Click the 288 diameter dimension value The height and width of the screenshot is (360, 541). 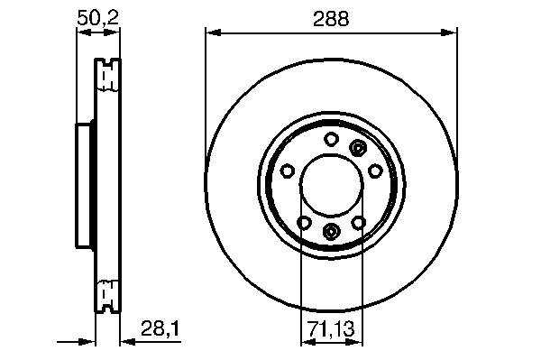(331, 19)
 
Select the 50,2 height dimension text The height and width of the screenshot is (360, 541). (97, 18)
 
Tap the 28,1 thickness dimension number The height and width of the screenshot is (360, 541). (160, 328)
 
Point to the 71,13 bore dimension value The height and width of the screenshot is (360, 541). (331, 329)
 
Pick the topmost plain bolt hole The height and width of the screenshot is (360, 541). (331, 139)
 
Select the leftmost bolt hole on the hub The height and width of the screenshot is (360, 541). (287, 171)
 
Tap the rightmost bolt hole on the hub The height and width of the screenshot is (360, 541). (375, 171)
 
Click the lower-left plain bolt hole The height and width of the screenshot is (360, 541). (304, 223)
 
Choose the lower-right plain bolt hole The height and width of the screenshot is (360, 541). (359, 223)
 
